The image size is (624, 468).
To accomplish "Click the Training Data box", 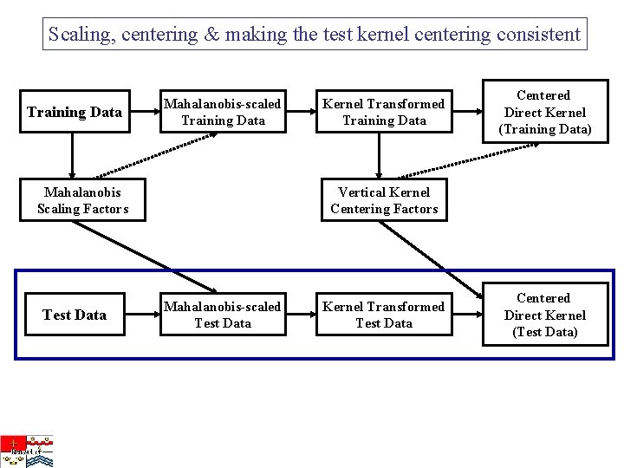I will point(74,112).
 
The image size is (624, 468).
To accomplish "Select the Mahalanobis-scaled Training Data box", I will point(223,112).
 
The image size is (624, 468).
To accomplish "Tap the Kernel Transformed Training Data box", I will point(384,112).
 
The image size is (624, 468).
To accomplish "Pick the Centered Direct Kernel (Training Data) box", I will point(544,113).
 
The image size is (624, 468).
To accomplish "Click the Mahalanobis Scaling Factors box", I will point(82,200).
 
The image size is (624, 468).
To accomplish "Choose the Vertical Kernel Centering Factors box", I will point(384,200).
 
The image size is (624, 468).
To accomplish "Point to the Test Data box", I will point(74,315).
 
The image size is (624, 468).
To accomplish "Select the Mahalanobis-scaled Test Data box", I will point(223,315).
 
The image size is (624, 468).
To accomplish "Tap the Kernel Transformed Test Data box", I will point(384,315).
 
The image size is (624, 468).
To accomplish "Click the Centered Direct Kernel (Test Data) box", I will point(544,315).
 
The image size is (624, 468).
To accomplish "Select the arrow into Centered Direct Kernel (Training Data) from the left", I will point(467,112).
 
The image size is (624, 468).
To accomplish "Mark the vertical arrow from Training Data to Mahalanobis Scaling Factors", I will point(72,156).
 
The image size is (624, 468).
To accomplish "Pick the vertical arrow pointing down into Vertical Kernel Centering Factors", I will point(379,156).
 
